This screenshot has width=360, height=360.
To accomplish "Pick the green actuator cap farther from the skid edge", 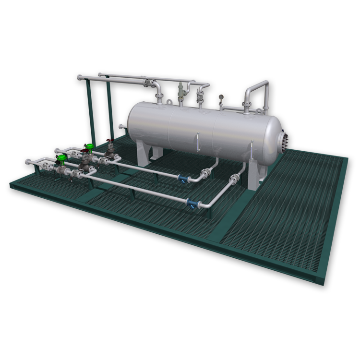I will [89, 146].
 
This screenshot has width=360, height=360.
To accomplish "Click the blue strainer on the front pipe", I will [190, 204].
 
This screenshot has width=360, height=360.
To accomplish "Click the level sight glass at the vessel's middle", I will [197, 139].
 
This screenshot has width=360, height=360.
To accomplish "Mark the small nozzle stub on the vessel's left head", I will [121, 127].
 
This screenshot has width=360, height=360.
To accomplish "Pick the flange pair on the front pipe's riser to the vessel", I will [235, 180].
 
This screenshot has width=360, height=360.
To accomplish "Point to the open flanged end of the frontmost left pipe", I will [28, 161].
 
